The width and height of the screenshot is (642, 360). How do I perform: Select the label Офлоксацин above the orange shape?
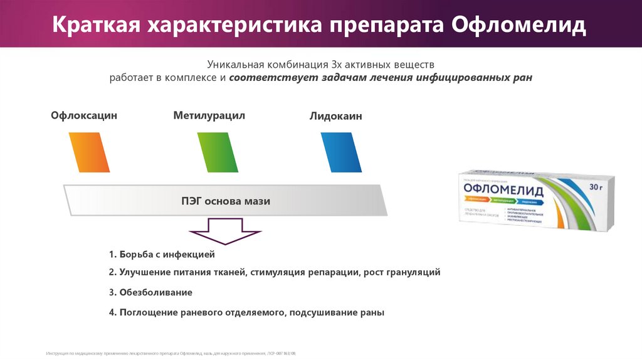84,115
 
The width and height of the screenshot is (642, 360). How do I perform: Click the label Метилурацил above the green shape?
209,115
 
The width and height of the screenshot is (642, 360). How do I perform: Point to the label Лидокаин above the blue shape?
335,116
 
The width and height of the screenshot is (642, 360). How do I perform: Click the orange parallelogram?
89,152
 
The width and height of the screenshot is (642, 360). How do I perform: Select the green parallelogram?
218,152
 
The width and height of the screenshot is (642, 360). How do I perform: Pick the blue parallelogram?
341,152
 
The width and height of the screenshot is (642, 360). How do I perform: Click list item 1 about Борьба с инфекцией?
161,255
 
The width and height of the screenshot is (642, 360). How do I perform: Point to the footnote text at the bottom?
170,354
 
